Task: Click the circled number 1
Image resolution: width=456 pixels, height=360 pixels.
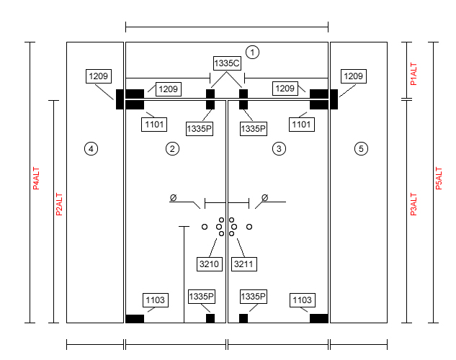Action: (x=252, y=53)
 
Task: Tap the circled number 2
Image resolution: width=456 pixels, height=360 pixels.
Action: (x=172, y=149)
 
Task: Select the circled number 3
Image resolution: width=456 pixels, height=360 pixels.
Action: (x=279, y=149)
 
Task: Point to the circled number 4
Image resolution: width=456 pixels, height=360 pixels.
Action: (x=91, y=149)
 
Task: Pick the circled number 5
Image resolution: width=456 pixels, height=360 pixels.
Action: (x=361, y=149)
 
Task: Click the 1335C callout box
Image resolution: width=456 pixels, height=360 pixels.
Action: (x=227, y=63)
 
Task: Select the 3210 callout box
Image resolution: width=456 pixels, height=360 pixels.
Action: (x=210, y=264)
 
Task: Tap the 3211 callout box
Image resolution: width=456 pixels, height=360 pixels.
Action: (x=243, y=264)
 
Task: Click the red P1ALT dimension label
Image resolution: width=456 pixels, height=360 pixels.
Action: (x=413, y=74)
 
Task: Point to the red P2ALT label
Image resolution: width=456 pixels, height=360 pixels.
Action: (x=59, y=204)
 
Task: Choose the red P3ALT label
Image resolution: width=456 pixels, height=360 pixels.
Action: (x=413, y=204)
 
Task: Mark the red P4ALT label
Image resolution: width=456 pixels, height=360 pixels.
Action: (x=36, y=178)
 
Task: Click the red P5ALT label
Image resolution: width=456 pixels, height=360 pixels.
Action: (x=439, y=178)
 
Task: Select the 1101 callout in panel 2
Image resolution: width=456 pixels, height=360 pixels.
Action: (x=154, y=125)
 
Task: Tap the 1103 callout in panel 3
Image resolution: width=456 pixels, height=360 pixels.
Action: (x=303, y=300)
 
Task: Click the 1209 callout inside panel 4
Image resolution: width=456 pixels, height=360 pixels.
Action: (x=99, y=76)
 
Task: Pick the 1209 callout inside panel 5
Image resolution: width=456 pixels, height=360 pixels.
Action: (x=354, y=76)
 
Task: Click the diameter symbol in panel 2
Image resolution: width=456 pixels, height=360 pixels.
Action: (x=173, y=197)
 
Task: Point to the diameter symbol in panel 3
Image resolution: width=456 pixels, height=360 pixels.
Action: (x=264, y=197)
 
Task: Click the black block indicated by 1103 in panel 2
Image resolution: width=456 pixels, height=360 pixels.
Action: (x=135, y=318)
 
